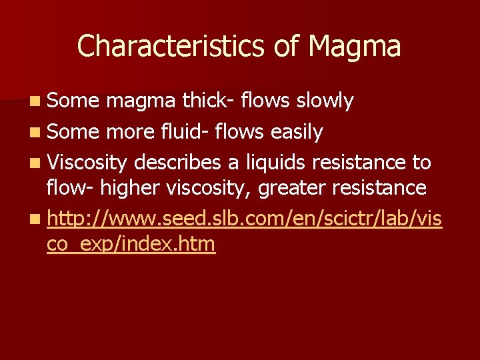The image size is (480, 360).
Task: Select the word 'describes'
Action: click(x=175, y=162)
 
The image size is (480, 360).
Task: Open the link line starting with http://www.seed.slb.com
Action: click(x=244, y=218)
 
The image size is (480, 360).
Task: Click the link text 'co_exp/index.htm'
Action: click(x=131, y=244)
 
